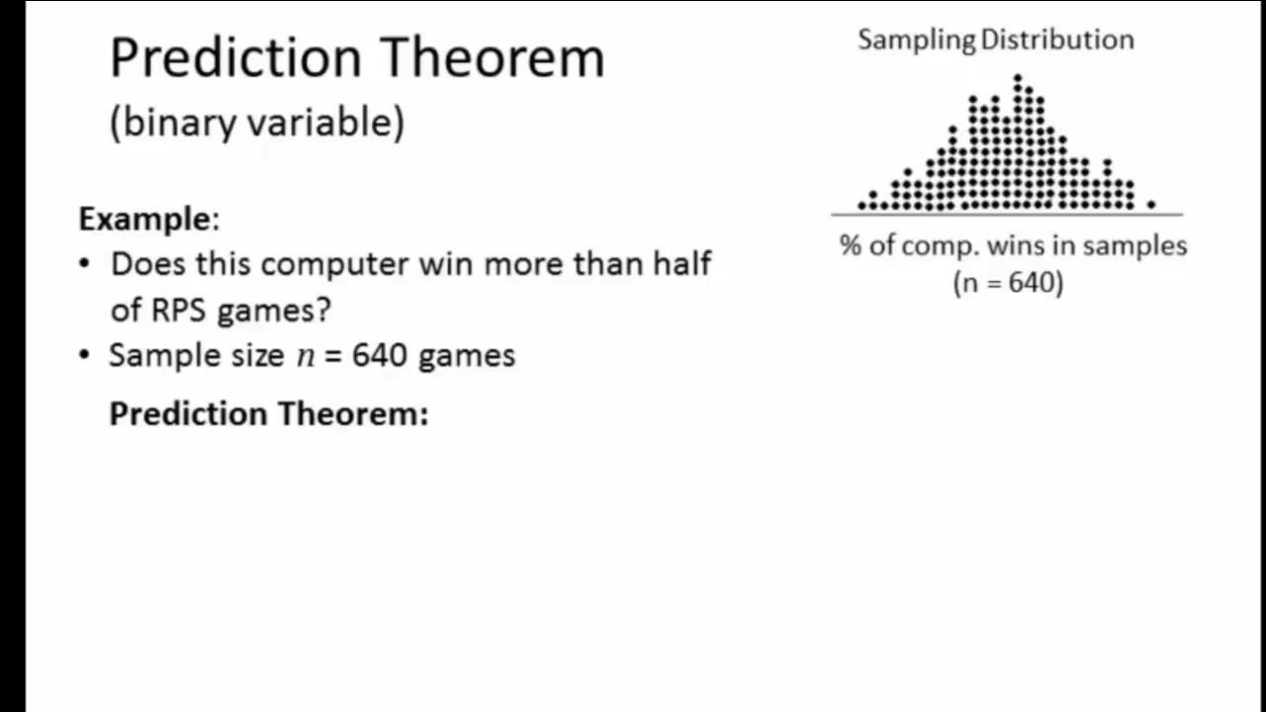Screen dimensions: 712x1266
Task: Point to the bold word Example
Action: click(144, 219)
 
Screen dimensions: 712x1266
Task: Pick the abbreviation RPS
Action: click(179, 310)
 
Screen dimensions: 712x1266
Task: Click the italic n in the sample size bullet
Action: click(305, 356)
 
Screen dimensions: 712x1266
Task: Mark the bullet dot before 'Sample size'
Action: click(84, 355)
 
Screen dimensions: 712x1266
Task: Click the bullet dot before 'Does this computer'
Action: click(84, 264)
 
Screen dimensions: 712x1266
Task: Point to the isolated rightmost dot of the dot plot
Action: click(1151, 205)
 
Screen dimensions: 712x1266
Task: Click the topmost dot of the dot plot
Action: click(1018, 77)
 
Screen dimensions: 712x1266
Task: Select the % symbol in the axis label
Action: click(850, 245)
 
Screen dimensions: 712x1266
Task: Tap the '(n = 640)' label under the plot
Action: click(1008, 283)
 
